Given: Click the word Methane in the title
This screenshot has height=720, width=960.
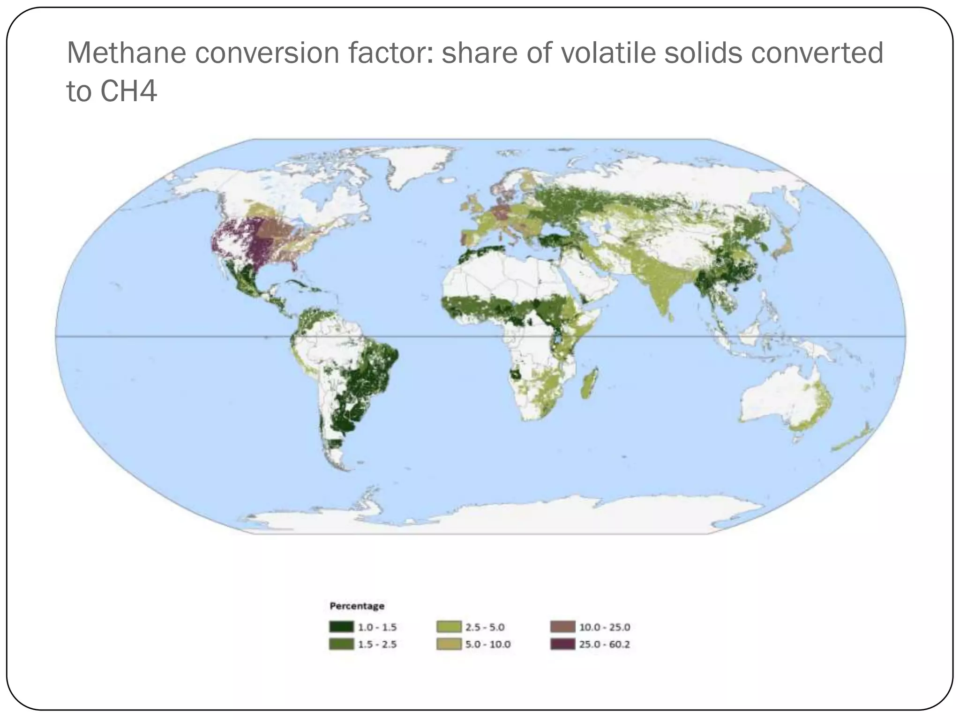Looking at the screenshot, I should [126, 53].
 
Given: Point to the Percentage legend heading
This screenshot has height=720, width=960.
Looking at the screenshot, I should [357, 606].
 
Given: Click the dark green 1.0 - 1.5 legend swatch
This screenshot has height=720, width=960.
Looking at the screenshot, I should [341, 627].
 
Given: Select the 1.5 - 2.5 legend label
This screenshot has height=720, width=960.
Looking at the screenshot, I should [377, 645].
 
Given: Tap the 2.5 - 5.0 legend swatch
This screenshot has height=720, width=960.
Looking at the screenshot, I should [449, 627].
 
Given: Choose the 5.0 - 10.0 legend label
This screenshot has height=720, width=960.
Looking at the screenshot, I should [487, 645].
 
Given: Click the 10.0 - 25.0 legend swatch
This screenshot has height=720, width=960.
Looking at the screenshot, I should [562, 627].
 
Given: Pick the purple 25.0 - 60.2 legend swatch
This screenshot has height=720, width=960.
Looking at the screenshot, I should [562, 644].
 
